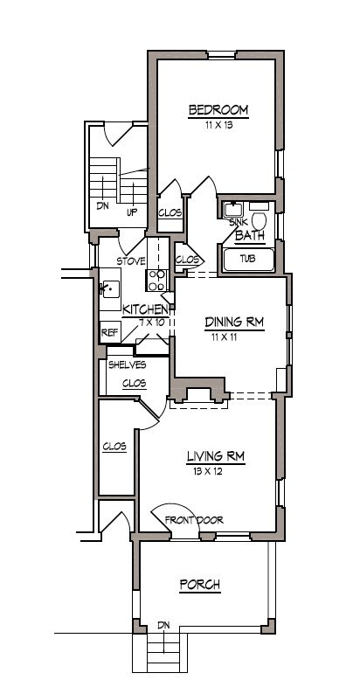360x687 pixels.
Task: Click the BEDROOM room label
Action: [x=218, y=110]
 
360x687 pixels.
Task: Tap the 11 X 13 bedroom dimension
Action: [x=218, y=125]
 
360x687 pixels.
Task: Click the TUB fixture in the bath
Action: [x=248, y=260]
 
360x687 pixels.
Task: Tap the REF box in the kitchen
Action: [x=110, y=332]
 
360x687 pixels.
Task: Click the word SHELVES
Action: [x=127, y=364]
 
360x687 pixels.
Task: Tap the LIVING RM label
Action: [x=214, y=455]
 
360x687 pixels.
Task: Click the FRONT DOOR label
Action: [x=194, y=520]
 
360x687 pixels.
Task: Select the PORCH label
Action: [x=198, y=584]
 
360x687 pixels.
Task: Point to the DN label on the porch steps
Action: [x=163, y=625]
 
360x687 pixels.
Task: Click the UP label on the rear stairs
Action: [x=132, y=212]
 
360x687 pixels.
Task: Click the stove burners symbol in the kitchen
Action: [x=156, y=279]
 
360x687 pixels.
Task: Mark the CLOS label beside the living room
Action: [x=114, y=447]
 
